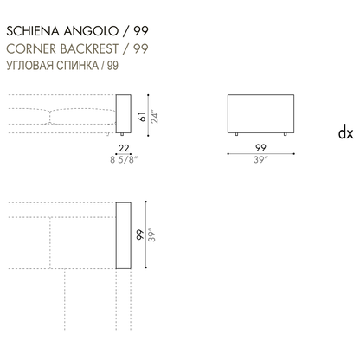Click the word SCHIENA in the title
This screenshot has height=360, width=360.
33,31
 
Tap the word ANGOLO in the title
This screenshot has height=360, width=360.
91,31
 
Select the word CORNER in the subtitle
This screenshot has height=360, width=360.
31,48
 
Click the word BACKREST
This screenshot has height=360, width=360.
89,48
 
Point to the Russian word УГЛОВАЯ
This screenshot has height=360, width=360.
29,66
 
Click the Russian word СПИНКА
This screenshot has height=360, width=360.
77,66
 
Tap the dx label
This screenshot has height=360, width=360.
345,133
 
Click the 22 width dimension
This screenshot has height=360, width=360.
124,148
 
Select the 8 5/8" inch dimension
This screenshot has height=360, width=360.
124,159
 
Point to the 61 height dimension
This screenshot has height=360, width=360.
142,117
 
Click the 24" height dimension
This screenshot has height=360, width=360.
154,116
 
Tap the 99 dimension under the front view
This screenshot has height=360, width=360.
260,147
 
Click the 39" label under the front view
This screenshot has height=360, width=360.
260,159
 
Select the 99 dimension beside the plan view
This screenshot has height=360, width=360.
140,235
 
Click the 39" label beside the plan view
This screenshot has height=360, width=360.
151,235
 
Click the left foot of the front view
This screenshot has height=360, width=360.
237,134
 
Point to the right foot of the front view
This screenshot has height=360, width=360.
286,134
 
